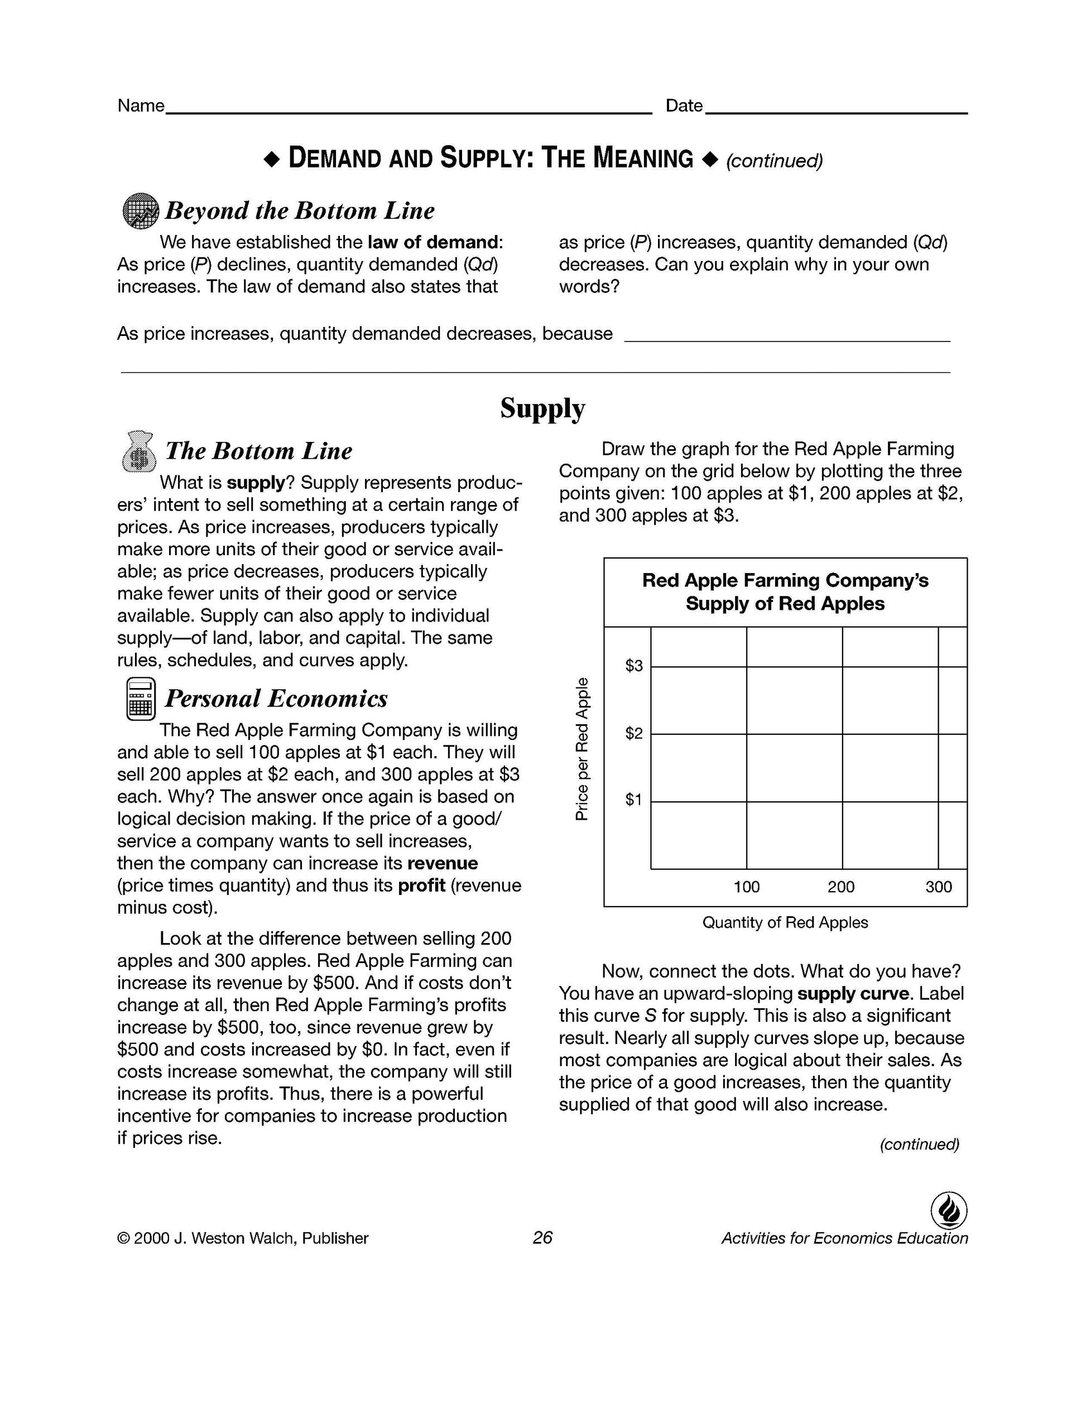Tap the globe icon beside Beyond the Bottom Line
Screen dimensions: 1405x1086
point(140,210)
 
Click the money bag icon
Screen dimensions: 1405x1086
point(138,450)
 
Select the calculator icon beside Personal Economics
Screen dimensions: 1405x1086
point(140,699)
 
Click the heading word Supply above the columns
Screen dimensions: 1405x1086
point(542,408)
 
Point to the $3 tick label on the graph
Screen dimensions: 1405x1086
point(634,666)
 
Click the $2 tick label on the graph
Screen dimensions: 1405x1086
point(634,733)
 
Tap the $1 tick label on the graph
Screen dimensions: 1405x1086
point(634,800)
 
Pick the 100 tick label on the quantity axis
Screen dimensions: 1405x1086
point(746,887)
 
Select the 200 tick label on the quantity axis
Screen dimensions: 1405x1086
point(841,887)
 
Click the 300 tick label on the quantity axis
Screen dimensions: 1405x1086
point(938,887)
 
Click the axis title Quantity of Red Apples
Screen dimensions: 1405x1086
point(785,922)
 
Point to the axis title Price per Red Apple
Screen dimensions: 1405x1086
point(582,749)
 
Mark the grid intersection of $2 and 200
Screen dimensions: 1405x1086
point(842,734)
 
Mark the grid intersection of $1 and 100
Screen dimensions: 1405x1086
point(747,802)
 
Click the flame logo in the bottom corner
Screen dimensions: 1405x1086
point(949,1210)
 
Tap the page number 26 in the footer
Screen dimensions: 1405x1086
point(542,1238)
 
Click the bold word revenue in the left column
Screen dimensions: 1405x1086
point(443,863)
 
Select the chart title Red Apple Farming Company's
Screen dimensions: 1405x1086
point(785,580)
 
